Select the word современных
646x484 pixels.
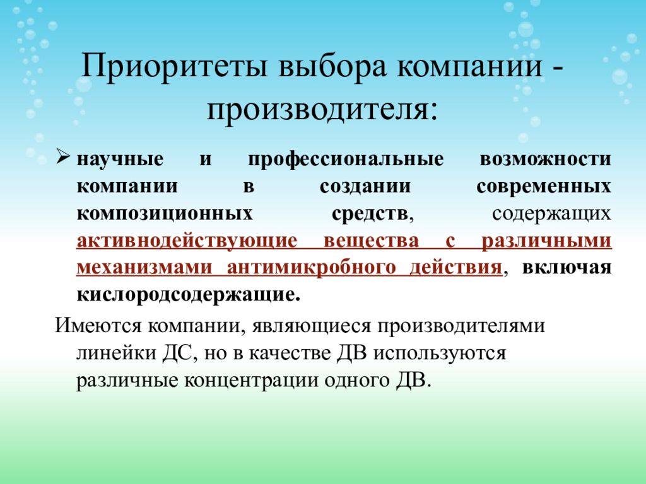[x=544, y=187]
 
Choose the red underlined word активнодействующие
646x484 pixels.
[x=187, y=241]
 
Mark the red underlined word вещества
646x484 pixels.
[x=372, y=241]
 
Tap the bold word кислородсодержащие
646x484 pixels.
[x=187, y=295]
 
